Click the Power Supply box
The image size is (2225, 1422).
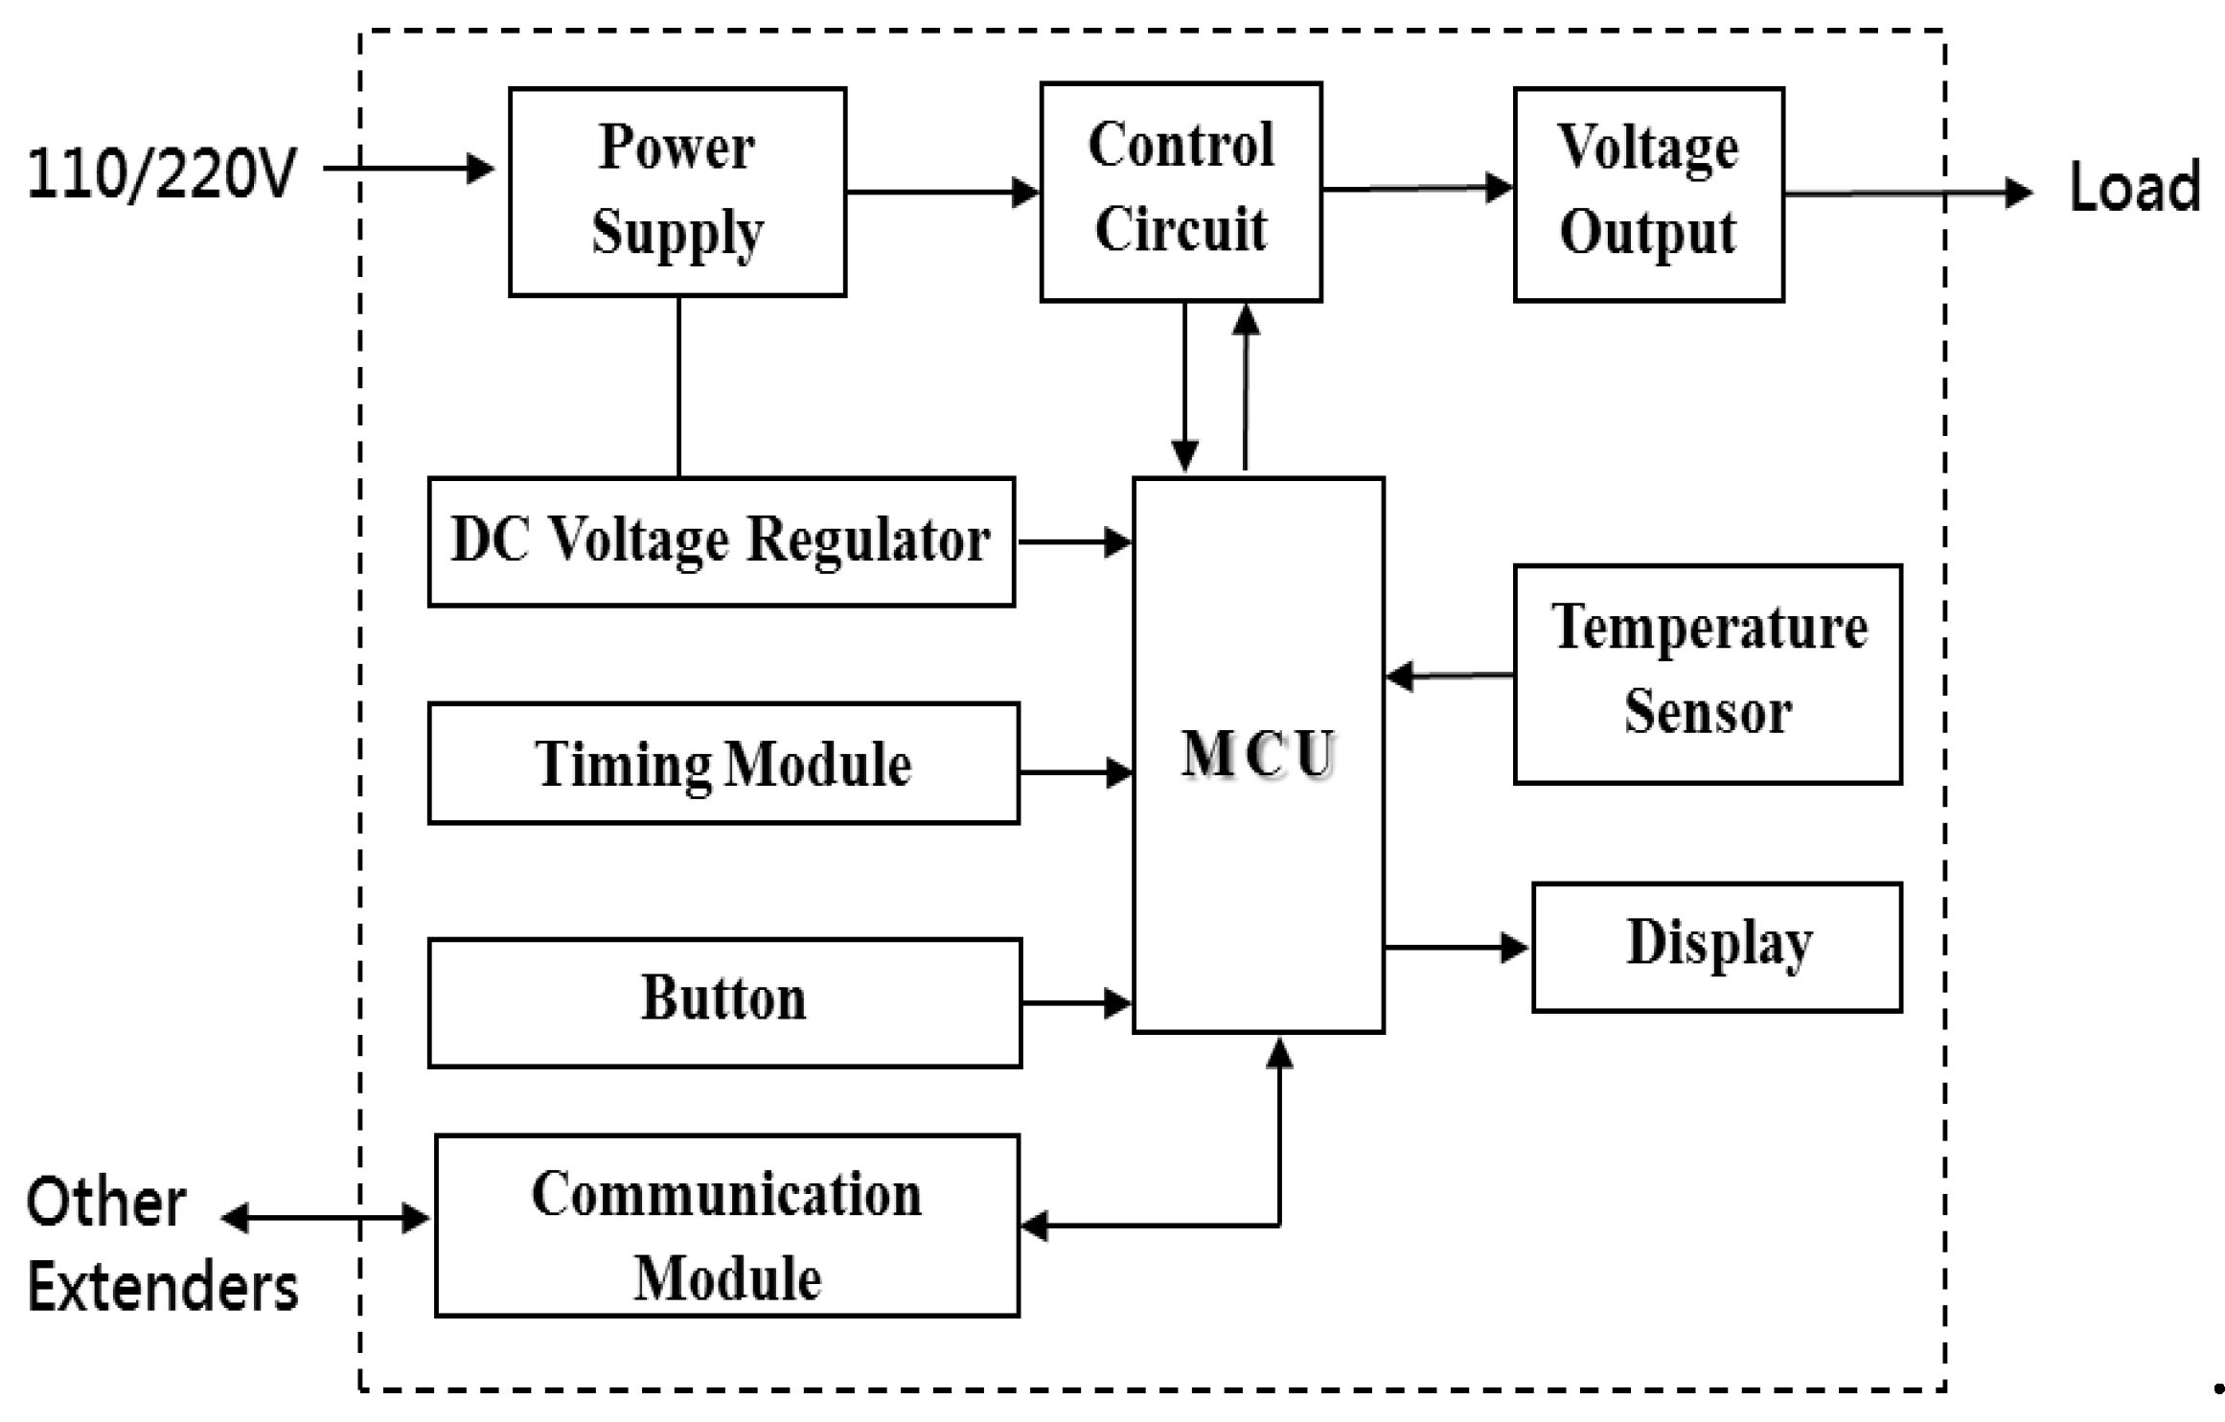[677, 192]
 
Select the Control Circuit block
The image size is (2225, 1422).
[1181, 192]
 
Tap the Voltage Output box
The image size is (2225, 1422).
[1648, 194]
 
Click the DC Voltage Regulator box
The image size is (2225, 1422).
[721, 541]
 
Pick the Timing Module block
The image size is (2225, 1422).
[723, 764]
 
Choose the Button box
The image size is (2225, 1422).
[723, 1002]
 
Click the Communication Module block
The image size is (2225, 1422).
[726, 1226]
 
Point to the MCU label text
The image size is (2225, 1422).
[1257, 754]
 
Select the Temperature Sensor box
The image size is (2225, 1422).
[1708, 674]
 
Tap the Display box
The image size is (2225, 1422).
[1717, 947]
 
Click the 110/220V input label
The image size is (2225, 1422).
[161, 173]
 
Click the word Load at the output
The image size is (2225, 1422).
[2134, 188]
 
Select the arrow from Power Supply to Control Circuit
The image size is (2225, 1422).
[942, 192]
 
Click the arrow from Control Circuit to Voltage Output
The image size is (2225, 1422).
[1416, 188]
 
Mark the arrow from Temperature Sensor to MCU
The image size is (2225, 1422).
[1449, 677]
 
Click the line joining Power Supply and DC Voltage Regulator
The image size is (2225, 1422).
[678, 386]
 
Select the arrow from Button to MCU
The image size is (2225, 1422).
[1075, 1003]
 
